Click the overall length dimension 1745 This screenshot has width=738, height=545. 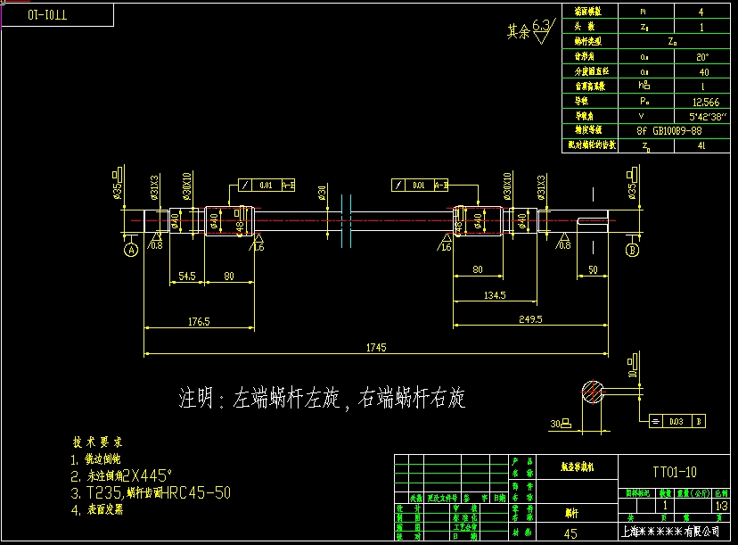(x=376, y=348)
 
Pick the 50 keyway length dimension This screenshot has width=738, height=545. (x=592, y=268)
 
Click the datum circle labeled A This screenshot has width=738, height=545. (x=130, y=251)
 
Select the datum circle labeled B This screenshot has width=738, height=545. (x=633, y=251)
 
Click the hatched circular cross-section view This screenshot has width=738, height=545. (x=590, y=392)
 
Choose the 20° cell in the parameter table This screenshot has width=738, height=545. (x=702, y=56)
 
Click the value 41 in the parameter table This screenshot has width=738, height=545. (x=701, y=145)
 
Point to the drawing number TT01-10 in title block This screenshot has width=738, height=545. (x=676, y=472)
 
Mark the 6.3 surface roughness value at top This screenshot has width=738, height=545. (x=540, y=26)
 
